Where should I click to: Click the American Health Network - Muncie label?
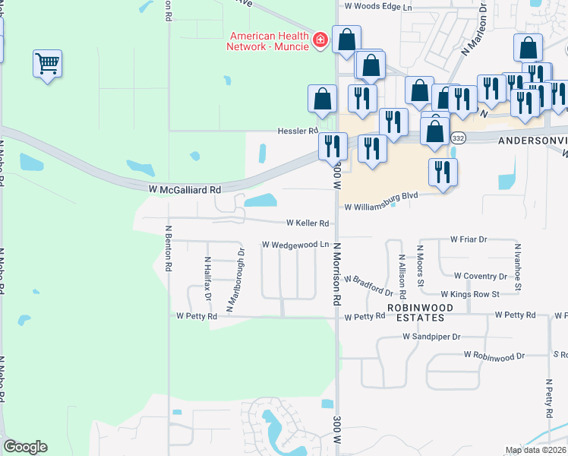[x=269, y=41]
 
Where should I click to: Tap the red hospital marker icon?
[x=320, y=40]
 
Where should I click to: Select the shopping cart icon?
[x=47, y=64]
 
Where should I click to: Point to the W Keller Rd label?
[x=308, y=223]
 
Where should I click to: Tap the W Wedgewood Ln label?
[x=295, y=245]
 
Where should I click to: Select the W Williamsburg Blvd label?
[x=382, y=206]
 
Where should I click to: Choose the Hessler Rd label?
[x=297, y=131]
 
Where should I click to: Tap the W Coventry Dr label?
[x=481, y=276]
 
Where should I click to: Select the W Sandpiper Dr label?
[x=431, y=336]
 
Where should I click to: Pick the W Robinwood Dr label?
[x=494, y=355]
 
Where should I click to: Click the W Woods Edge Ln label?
[x=377, y=7]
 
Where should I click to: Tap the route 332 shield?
[x=458, y=138]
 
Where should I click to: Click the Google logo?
[x=25, y=447]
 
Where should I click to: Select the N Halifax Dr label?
[x=207, y=279]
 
